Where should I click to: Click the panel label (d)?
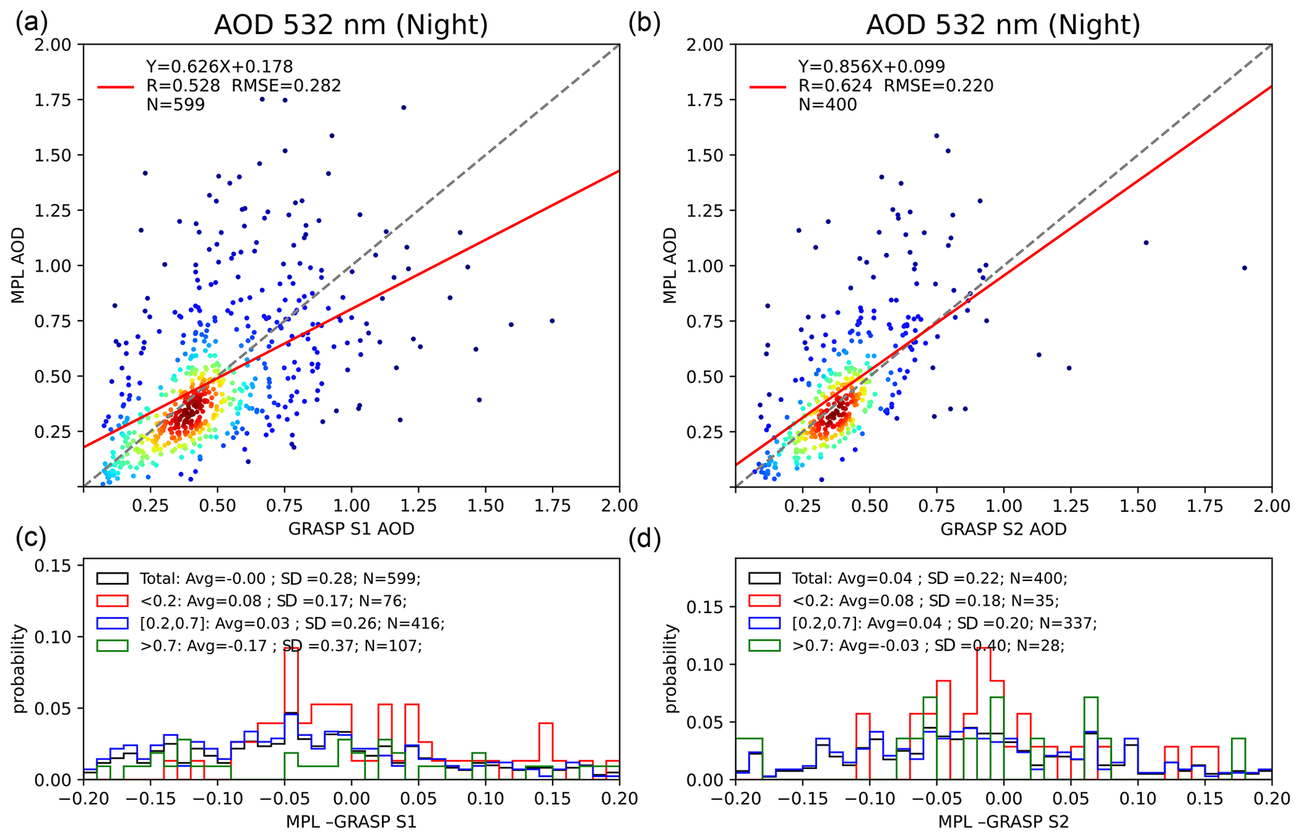tap(645, 539)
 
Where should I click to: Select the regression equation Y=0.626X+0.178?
tap(220, 66)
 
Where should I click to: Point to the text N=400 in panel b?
tap(827, 104)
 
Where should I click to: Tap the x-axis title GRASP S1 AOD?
tap(351, 529)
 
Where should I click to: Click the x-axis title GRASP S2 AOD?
tap(1003, 529)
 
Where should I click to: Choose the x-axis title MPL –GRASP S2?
tap(1003, 822)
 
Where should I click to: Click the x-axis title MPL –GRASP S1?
tap(351, 822)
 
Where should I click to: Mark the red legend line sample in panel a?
tap(116, 86)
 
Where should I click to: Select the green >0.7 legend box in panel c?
tap(113, 646)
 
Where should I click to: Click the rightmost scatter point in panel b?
tap(1244, 268)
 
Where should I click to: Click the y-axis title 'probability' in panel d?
tap(672, 668)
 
